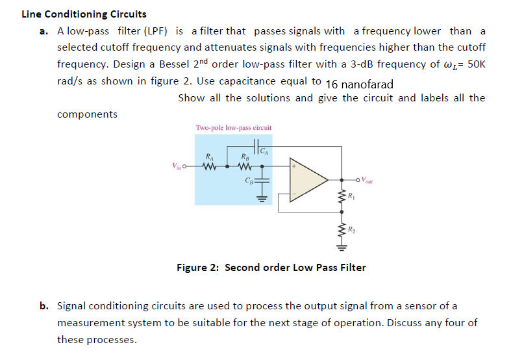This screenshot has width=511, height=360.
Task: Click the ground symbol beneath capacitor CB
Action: [262, 199]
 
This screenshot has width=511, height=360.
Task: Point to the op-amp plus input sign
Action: [294, 166]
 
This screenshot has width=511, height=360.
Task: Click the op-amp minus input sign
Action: [294, 194]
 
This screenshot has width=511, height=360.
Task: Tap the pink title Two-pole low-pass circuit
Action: [233, 127]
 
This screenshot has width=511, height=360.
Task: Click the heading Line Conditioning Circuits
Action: [84, 14]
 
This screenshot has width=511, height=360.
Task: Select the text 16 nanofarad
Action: [359, 84]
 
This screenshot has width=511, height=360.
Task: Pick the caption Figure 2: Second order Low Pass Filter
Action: [271, 267]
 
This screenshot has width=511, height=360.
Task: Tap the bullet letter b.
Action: [43, 305]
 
